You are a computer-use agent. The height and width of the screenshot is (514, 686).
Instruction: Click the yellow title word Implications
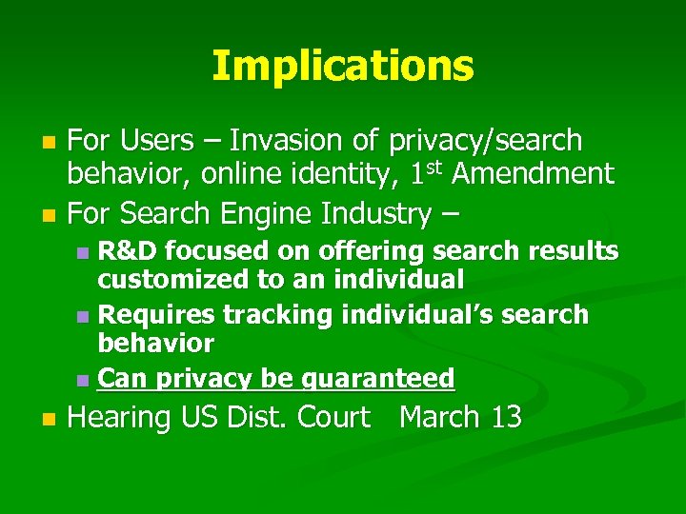coord(342,66)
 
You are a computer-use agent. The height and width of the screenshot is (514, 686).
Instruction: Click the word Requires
coord(157,314)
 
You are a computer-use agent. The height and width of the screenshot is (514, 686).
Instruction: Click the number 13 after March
coord(504,417)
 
